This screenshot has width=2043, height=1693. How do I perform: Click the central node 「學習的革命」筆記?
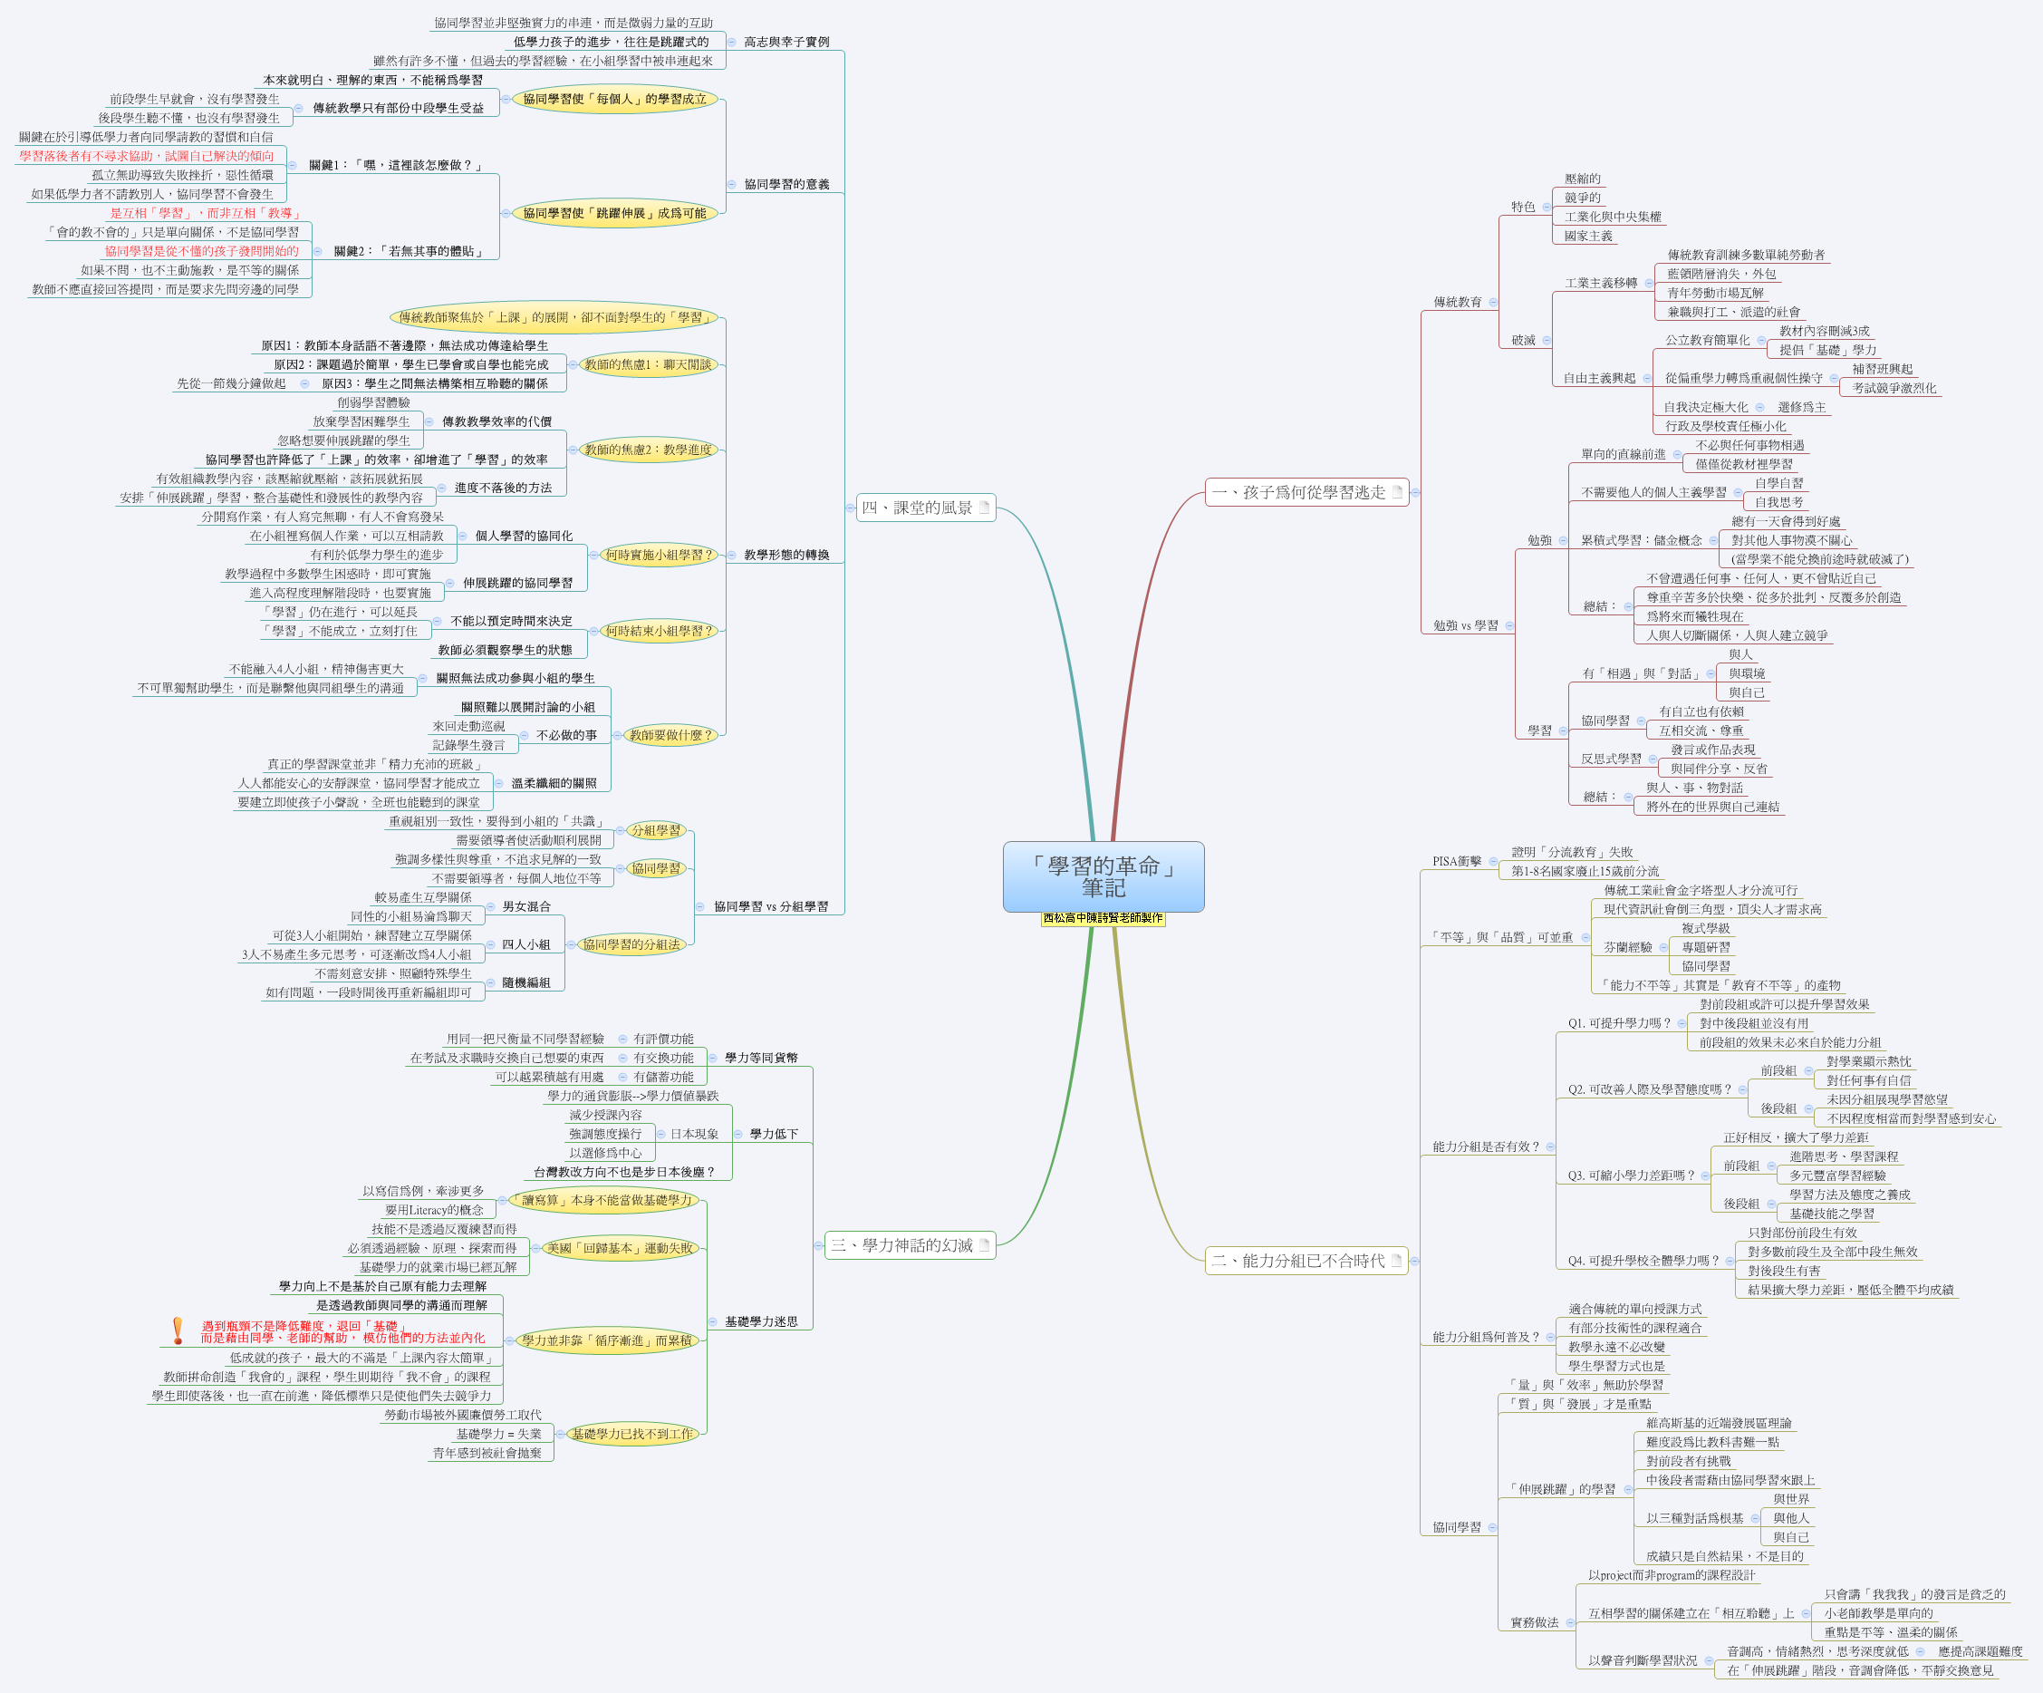1103,876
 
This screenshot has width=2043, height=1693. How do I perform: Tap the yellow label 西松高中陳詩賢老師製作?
1103,917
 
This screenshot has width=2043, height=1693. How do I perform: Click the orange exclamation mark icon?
177,1330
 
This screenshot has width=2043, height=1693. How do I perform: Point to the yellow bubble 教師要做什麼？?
670,735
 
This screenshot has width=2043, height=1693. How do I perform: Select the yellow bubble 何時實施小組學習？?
659,555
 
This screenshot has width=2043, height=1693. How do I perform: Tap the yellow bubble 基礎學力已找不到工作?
632,1433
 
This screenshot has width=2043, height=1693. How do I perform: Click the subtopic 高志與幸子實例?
786,42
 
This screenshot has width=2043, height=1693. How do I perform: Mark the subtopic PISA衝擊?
1456,861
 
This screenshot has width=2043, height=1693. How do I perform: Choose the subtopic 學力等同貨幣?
761,1058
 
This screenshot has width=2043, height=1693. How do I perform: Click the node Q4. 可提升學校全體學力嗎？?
1643,1260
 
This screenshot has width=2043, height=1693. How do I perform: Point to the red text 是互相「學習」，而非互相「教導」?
206,213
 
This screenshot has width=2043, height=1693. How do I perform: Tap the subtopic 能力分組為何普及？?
1486,1337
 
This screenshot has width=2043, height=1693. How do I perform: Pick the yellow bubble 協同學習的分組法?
631,943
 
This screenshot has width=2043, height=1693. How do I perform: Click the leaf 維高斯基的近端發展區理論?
1718,1423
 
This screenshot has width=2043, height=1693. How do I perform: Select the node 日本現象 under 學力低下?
694,1134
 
